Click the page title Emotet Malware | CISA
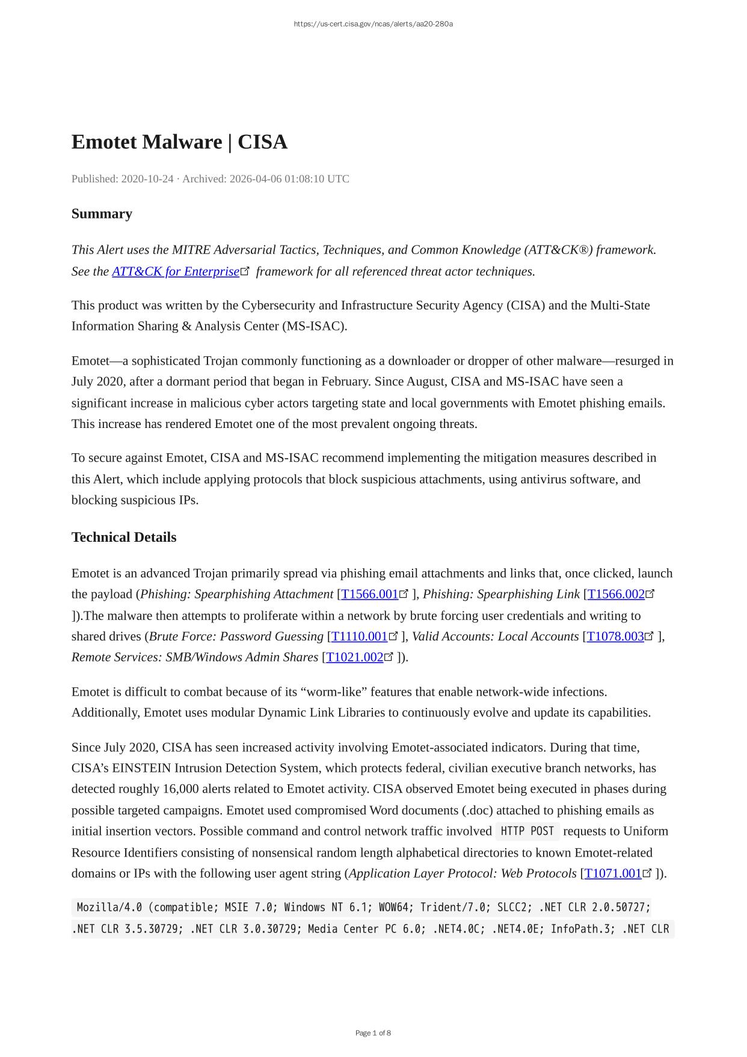[x=179, y=142]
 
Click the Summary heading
[x=102, y=214]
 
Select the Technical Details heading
[x=124, y=537]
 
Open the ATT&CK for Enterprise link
[x=176, y=271]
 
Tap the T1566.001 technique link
[x=369, y=594]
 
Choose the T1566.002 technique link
[x=616, y=594]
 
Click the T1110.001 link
[x=359, y=636]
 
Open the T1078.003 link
[x=615, y=636]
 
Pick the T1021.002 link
[x=354, y=657]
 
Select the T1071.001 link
[x=613, y=873]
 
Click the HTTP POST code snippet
[x=527, y=831]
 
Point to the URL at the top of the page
[x=373, y=24]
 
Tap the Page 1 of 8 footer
[x=373, y=1033]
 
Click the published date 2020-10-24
[x=147, y=179]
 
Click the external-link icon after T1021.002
[x=389, y=657]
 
